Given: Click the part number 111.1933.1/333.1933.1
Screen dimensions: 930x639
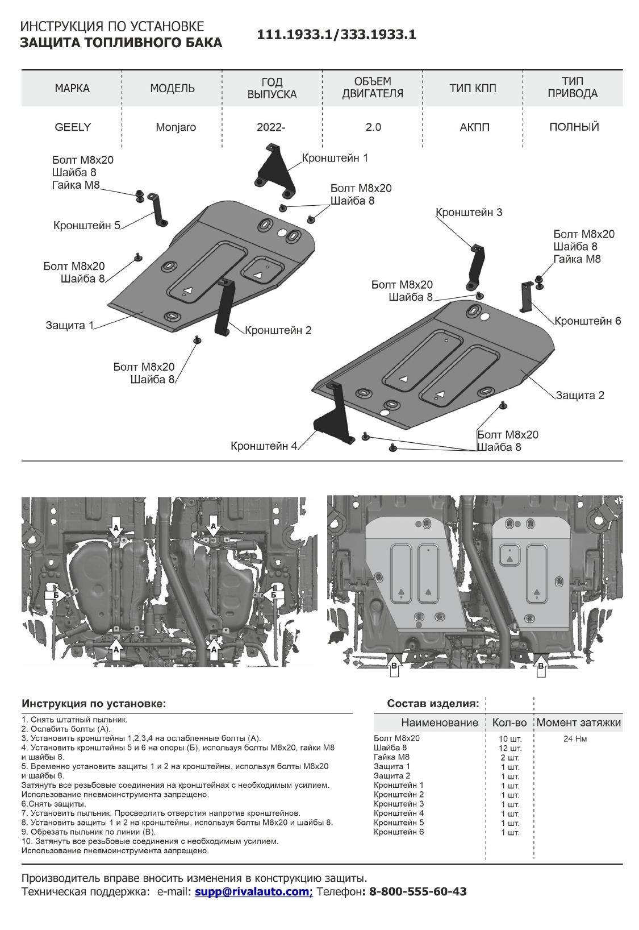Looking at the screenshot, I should [336, 35].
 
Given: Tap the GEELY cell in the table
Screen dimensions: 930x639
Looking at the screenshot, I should [72, 127].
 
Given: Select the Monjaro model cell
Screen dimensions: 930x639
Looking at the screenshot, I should [176, 127].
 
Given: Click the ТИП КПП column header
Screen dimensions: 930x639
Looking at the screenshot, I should [473, 88].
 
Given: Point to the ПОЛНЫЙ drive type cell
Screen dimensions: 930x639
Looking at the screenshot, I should [574, 127].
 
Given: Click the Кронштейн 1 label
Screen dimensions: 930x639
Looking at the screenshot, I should [335, 158].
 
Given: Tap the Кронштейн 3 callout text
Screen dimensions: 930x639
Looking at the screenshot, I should [469, 213].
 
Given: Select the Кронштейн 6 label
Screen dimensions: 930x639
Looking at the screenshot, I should [587, 321].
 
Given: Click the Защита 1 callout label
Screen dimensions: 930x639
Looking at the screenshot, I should [69, 326].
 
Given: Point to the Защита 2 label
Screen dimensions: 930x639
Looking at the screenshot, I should [579, 395].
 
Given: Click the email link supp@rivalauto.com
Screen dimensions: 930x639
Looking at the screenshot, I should [253, 891].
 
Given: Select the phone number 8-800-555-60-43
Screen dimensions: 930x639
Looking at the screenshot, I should [417, 891].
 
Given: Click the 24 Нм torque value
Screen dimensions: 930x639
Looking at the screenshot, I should [575, 739].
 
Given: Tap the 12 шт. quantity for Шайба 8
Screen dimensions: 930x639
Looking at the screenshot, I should [510, 748].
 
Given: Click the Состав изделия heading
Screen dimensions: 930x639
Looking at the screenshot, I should [433, 704].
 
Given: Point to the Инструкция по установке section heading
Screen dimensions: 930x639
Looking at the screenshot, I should [94, 704].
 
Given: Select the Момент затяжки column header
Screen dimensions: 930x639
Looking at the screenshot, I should [578, 723].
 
